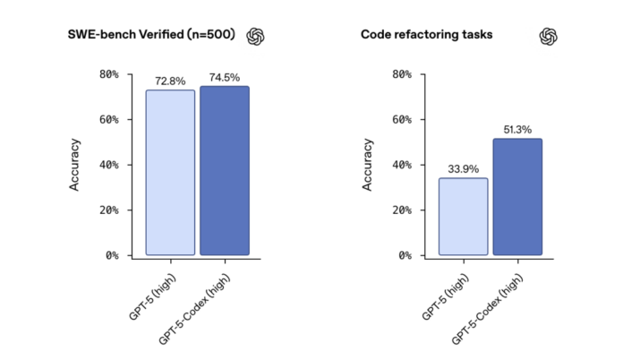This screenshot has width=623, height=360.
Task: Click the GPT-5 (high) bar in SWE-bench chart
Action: click(170, 172)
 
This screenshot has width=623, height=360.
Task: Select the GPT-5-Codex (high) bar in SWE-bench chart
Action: click(224, 170)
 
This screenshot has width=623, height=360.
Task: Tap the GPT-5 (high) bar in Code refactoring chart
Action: click(463, 216)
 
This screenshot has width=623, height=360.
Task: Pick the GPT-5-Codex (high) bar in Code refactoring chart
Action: click(516, 196)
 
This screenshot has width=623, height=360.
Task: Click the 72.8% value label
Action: click(170, 81)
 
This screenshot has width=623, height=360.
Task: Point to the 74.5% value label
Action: click(224, 78)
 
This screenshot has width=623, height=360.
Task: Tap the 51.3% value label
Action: click(516, 130)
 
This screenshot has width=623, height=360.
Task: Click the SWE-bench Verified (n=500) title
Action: click(153, 35)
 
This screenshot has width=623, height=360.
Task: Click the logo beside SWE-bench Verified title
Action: click(257, 36)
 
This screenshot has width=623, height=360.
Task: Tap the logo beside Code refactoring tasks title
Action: click(549, 36)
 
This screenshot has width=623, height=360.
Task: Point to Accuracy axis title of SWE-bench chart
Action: click(75, 164)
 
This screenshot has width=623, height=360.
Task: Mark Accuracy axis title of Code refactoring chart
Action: click(367, 164)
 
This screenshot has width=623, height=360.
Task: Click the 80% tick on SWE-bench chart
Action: click(108, 74)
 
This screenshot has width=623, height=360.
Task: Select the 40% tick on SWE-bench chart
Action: click(108, 165)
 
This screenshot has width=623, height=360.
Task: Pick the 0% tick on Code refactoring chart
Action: click(404, 255)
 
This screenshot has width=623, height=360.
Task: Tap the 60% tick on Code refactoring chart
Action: click(401, 120)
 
